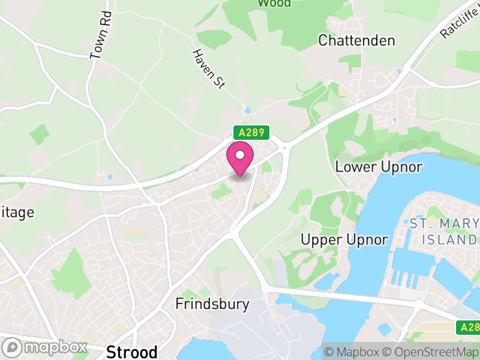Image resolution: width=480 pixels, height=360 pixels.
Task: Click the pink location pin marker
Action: coord(240,159)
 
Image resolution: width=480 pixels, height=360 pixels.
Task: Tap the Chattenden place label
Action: coord(357,41)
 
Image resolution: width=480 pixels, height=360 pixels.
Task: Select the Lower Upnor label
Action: coord(379,166)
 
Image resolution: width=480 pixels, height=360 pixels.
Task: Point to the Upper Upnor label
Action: coord(344,239)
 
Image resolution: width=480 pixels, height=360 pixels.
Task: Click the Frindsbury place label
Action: coord(212,304)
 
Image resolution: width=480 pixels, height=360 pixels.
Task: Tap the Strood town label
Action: coord(131,351)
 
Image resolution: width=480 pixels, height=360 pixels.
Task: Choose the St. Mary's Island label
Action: coord(444,232)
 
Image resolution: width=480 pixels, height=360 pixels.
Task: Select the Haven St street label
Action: coord(208,69)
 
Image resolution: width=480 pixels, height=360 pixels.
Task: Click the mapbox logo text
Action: coord(54,347)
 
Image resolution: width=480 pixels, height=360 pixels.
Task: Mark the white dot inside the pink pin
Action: coord(240,155)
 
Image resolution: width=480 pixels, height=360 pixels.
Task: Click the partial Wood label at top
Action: coord(274,3)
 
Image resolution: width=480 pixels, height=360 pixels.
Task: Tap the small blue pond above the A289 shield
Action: coord(248,110)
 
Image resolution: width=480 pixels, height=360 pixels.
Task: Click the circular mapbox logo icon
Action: coord(12,347)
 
